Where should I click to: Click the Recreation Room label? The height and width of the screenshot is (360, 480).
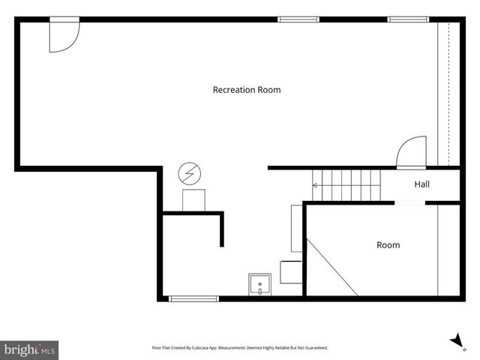(x=247, y=90)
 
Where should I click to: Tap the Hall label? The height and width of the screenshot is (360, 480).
(x=421, y=184)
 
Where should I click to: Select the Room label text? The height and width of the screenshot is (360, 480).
(x=388, y=245)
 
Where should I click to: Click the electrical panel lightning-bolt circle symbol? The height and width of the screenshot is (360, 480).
(x=190, y=173)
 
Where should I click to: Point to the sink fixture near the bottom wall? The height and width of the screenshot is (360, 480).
(x=259, y=284)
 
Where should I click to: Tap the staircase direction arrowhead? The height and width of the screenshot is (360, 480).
(x=314, y=185)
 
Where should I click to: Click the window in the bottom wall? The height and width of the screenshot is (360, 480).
(x=193, y=298)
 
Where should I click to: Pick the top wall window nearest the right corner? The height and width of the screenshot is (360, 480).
(x=408, y=19)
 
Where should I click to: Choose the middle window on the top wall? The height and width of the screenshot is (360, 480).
(x=298, y=19)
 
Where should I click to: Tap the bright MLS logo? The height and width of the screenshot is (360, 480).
(x=29, y=350)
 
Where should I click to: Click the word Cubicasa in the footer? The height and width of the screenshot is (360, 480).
(x=200, y=348)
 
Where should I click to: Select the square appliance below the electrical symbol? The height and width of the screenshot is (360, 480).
(x=193, y=200)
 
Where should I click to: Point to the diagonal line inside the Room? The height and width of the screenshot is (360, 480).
(x=331, y=267)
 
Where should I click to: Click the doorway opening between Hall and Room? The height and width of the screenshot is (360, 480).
(x=409, y=203)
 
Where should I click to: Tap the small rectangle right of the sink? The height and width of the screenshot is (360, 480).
(x=291, y=272)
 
